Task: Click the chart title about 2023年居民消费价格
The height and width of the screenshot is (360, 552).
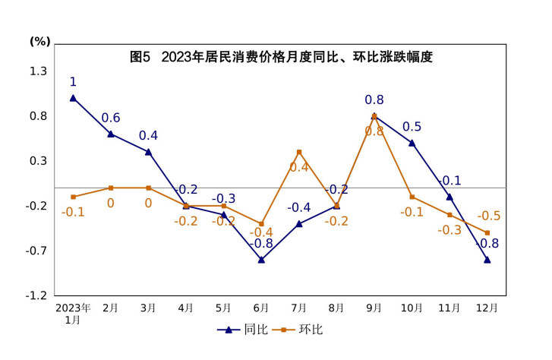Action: coord(281,57)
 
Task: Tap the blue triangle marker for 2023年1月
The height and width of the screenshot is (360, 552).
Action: coord(73,97)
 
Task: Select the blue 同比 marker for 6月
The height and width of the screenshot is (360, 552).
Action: coord(261,260)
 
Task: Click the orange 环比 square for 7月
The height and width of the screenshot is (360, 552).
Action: coord(299,152)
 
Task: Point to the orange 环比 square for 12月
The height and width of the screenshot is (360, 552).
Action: coord(487,233)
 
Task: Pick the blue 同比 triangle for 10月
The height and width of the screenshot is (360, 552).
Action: coord(412,143)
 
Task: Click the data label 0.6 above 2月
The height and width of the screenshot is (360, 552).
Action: coord(111,118)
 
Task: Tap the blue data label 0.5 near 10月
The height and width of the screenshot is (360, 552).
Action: coord(412,127)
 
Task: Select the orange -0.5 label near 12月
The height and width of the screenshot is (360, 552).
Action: coord(488,216)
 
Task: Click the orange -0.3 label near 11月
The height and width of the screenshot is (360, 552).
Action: coord(449,229)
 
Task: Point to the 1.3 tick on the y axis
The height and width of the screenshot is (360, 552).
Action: coord(38,71)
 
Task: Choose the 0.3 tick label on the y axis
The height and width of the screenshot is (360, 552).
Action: coord(38,161)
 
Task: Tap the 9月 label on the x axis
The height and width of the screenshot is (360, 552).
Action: coord(374,308)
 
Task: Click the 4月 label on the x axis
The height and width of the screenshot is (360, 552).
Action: coord(186,308)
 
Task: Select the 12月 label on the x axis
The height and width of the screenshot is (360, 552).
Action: coord(487,308)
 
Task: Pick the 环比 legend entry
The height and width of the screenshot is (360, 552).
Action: coord(301,330)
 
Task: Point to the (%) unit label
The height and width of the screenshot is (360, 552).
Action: coord(39,41)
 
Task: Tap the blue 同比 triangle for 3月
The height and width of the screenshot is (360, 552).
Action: coord(148,152)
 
